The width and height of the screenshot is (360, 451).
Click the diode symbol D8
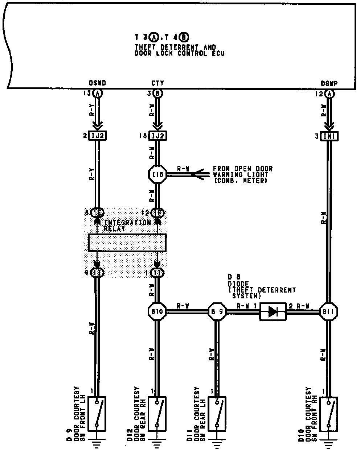pos(273,312)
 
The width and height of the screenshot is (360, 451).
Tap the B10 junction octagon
pos(157,312)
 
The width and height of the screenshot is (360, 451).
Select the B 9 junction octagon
pos(217,312)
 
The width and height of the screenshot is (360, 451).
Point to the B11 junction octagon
pos(329,312)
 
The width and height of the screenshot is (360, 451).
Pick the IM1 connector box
pos(329,136)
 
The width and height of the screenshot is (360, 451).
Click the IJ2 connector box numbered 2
pos(97,136)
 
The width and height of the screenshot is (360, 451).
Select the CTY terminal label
pos(157,83)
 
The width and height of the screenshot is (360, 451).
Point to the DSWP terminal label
pos(329,83)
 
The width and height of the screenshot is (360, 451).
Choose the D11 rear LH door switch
pos(217,413)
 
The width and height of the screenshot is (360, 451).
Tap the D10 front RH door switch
pos(329,413)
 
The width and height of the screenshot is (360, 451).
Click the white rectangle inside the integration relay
pos(127,243)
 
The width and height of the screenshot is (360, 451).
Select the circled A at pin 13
pos(97,94)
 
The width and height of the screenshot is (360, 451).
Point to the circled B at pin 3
pos(158,94)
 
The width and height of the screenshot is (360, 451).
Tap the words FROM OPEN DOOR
pos(242,169)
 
